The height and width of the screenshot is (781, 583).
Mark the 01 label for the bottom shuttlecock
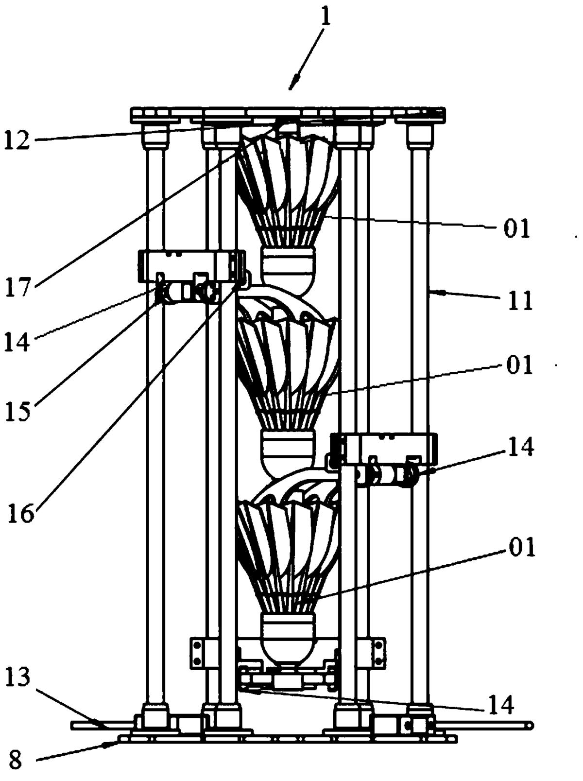pos(521,548)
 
